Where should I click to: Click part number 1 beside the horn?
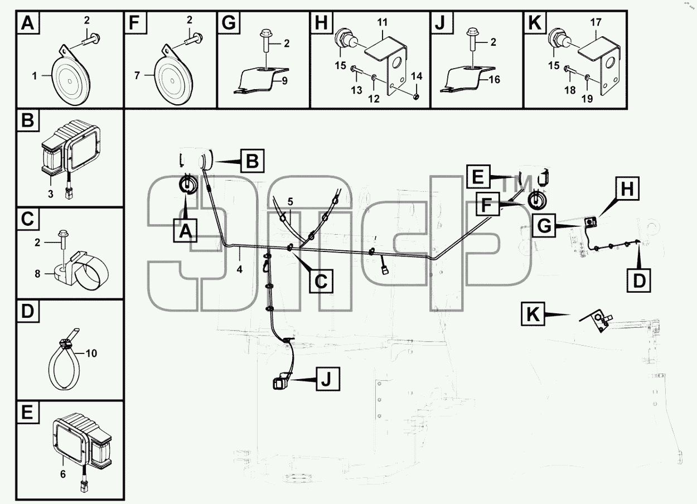[x=34, y=76]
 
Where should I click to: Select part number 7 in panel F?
[x=137, y=76]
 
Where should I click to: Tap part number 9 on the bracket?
[x=284, y=81]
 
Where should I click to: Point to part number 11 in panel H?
[x=382, y=22]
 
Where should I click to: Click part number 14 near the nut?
[x=417, y=76]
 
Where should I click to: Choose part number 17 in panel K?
[x=596, y=22]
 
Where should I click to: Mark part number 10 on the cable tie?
[x=91, y=353]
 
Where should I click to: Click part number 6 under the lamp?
[x=63, y=474]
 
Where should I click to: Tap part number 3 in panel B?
[x=50, y=194]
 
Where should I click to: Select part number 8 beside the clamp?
[x=37, y=274]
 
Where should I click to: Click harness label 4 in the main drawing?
[x=239, y=269]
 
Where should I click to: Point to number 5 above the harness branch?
[x=290, y=202]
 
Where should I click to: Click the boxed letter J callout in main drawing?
[x=328, y=379]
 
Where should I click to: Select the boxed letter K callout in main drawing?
[x=533, y=314]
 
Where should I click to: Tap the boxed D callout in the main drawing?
[x=639, y=280]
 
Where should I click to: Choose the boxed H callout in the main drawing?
[x=627, y=188]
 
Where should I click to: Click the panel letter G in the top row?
[x=229, y=22]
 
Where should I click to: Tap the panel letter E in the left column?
[x=28, y=413]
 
